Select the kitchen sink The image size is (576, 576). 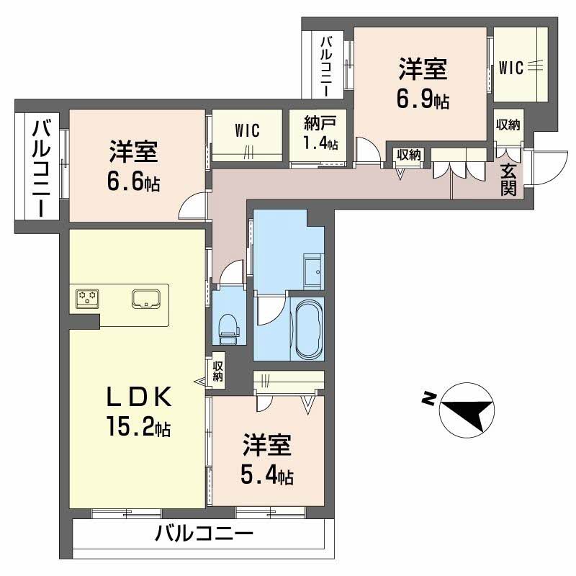tap(148, 298)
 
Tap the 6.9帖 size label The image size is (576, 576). tap(423, 100)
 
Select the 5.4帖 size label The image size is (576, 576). tap(267, 475)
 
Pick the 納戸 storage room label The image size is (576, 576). tap(315, 120)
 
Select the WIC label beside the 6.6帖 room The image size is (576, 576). tap(246, 131)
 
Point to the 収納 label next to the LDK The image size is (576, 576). tap(218, 371)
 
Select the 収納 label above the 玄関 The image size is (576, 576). tap(507, 125)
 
